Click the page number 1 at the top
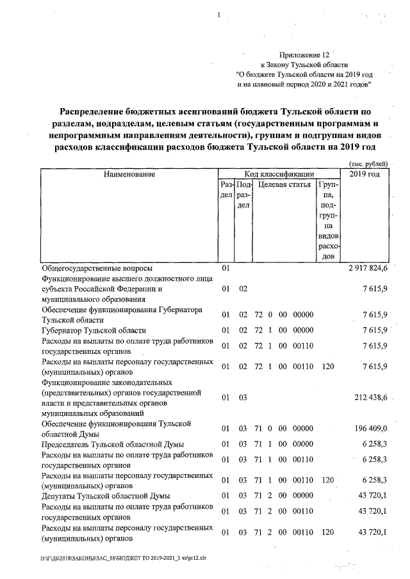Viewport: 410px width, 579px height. [219, 15]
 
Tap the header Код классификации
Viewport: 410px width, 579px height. [279, 174]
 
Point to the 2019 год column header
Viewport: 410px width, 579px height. [365, 174]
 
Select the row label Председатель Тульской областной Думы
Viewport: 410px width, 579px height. [113, 444]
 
